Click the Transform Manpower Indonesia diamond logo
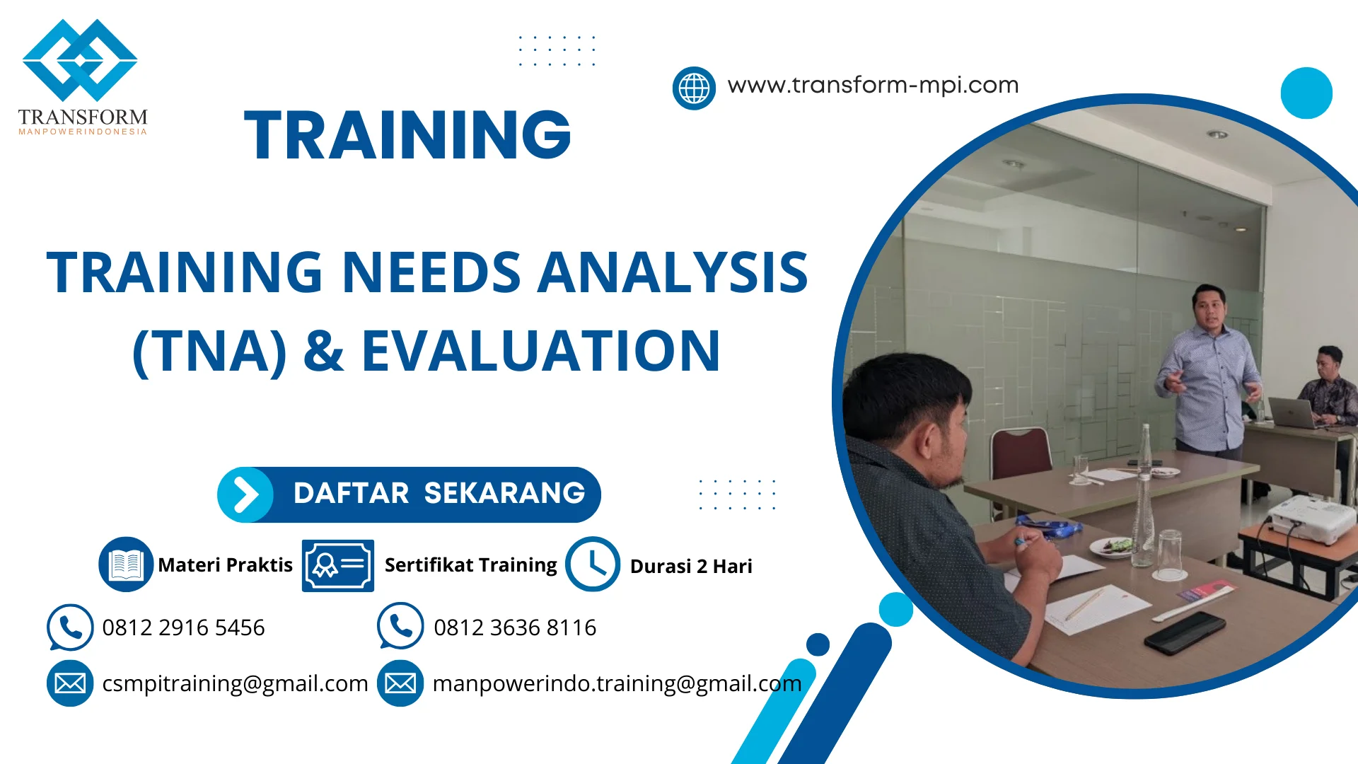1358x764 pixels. click(80, 60)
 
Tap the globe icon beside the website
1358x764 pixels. click(694, 88)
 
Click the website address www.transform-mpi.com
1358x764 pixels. click(873, 85)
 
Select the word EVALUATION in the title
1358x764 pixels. click(541, 351)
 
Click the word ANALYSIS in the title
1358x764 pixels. click(673, 272)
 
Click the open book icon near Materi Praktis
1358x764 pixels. click(126, 564)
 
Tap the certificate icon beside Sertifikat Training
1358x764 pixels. click(338, 565)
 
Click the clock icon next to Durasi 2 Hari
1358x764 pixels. click(593, 564)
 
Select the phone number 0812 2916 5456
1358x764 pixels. click(183, 627)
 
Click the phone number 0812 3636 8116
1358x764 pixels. click(515, 627)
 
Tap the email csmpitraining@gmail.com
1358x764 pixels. click(235, 683)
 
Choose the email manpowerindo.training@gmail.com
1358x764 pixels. click(617, 683)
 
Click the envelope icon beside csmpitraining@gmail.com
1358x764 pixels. click(70, 683)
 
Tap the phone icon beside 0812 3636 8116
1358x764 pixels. click(400, 626)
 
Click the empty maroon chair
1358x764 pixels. click(1020, 453)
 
